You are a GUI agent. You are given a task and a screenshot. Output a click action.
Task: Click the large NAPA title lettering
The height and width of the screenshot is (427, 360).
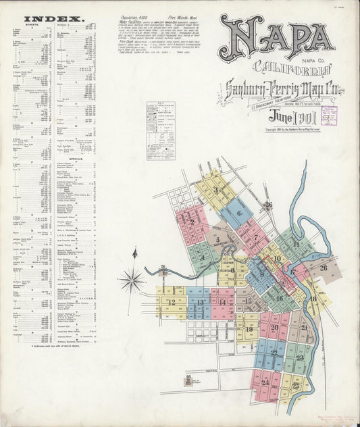(x=276, y=39)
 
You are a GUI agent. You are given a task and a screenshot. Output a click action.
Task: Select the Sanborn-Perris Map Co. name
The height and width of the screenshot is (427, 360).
(x=273, y=86)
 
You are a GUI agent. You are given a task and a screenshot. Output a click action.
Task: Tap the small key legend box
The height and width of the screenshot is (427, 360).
(x=161, y=120)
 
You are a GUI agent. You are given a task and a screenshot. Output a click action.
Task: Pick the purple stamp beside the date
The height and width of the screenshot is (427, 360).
(x=329, y=114)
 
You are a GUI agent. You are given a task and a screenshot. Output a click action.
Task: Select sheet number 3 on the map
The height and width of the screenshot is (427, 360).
(x=215, y=191)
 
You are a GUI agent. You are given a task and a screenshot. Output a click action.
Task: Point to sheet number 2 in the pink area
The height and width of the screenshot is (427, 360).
(x=192, y=222)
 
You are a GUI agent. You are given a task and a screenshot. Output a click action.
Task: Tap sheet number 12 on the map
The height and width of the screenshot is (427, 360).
(x=172, y=302)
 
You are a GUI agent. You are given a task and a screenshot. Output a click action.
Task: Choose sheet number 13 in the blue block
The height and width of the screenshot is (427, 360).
(x=200, y=303)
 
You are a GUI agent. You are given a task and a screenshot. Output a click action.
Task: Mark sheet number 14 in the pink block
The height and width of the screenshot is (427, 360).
(x=222, y=302)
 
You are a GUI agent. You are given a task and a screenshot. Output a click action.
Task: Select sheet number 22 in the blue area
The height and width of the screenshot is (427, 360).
(x=274, y=352)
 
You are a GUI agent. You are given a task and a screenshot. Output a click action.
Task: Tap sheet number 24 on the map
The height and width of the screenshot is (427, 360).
(x=265, y=382)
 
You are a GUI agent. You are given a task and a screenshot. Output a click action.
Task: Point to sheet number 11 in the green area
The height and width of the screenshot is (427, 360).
(x=295, y=244)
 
